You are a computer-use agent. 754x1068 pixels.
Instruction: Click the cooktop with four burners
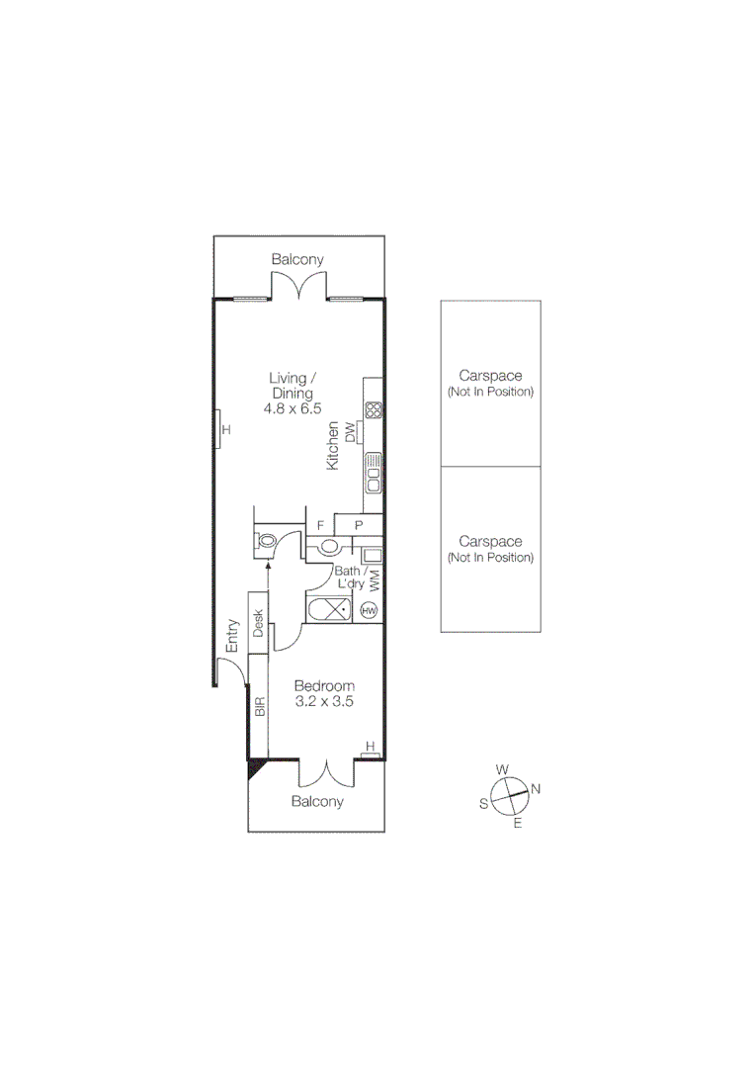pos(374,410)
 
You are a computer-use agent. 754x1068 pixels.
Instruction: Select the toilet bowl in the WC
pos(267,541)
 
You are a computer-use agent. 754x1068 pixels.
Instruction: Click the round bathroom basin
pos(330,546)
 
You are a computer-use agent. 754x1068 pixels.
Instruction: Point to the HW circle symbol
pos(370,611)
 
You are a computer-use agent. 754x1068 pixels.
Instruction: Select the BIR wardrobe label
pos(260,707)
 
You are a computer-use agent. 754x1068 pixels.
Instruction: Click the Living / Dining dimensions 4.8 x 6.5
pos(293,407)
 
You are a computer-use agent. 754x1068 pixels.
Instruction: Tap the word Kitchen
pos(333,446)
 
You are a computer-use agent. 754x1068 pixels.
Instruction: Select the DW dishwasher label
pos(349,430)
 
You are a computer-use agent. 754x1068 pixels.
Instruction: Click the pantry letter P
pos(359,525)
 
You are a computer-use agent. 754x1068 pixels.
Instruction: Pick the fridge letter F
pos(319,525)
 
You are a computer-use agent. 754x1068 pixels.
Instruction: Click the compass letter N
pos(536,788)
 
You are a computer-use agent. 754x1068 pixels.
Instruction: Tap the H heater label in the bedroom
pos(370,747)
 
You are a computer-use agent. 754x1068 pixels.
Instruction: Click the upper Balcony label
pos(297,259)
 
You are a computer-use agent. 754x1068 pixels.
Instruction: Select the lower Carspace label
pos(490,541)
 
